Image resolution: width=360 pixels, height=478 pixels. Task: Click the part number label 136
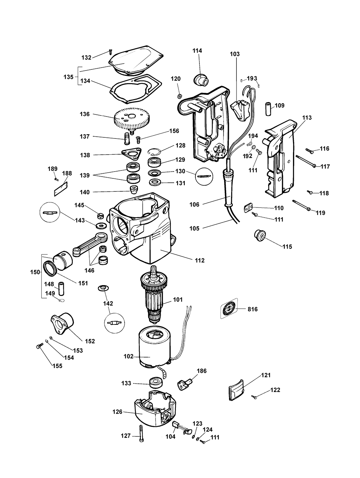[x=85, y=114]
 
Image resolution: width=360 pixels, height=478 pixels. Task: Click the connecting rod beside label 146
[x=90, y=244]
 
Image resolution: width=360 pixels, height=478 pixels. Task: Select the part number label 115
[x=287, y=246]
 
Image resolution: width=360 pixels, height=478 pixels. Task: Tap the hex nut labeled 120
[x=180, y=96]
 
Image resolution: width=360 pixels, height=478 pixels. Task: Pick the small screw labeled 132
[x=110, y=52]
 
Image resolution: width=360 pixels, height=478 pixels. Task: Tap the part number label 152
[x=90, y=341]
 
